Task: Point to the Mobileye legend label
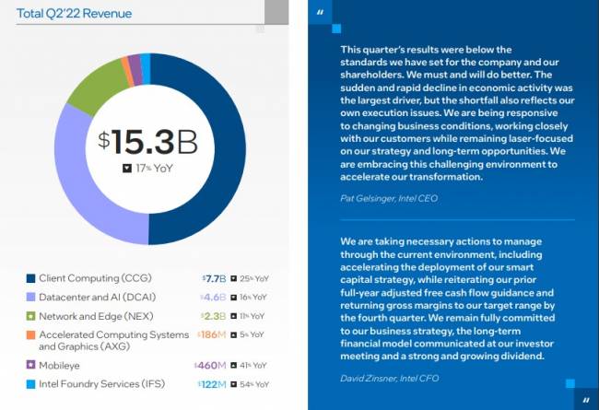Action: click(x=59, y=365)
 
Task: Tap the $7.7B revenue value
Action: click(x=213, y=278)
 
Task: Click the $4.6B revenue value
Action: click(x=213, y=297)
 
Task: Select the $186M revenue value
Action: click(x=210, y=335)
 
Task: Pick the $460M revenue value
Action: click(x=210, y=365)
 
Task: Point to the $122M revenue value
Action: click(x=211, y=384)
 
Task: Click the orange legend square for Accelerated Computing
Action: click(x=30, y=335)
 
